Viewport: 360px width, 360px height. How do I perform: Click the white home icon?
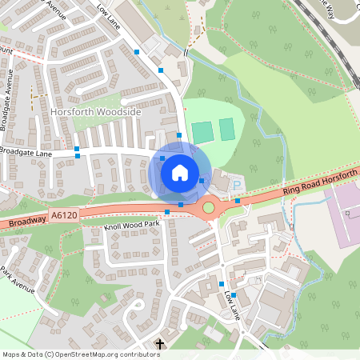[180, 171]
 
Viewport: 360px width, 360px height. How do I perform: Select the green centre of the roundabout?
[209, 207]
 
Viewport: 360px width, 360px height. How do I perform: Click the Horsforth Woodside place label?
[96, 113]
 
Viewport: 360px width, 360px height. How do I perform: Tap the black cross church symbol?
[159, 346]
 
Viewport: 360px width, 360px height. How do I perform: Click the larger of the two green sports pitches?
[202, 130]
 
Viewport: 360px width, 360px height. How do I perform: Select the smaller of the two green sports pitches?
[227, 128]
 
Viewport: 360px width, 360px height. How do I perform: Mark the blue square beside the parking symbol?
[237, 201]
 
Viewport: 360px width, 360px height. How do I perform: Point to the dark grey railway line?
[324, 32]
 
